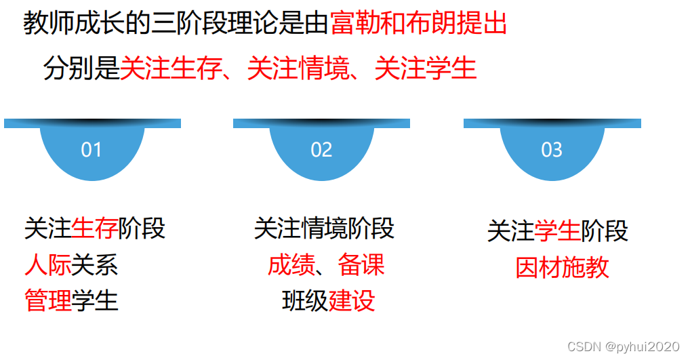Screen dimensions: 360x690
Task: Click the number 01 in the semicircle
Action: [x=92, y=150]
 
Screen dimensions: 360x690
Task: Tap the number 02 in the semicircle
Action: [x=321, y=150]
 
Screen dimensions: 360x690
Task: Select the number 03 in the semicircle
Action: [x=552, y=150]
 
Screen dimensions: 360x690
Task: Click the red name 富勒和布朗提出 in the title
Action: [x=419, y=24]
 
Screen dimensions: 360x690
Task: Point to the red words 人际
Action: [x=47, y=264]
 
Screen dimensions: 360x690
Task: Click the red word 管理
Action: [x=47, y=300]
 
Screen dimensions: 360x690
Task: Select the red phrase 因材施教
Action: [x=562, y=268]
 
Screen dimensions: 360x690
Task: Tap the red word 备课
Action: [x=361, y=265]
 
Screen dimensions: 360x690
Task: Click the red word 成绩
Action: [x=291, y=265]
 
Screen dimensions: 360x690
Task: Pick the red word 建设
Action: [x=352, y=300]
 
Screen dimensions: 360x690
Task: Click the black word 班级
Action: [x=305, y=300]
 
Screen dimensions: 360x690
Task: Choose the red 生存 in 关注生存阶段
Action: [x=94, y=228]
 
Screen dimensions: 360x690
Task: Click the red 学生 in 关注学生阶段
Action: [x=557, y=231]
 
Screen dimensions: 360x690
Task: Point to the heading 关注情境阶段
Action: [x=324, y=228]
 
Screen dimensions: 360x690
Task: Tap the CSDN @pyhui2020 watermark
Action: [x=623, y=346]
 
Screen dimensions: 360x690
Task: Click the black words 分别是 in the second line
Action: [x=81, y=68]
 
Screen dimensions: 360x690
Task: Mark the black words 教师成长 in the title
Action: [x=74, y=24]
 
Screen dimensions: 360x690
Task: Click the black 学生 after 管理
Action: [x=95, y=300]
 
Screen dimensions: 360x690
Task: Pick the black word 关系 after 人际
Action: [x=95, y=264]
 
